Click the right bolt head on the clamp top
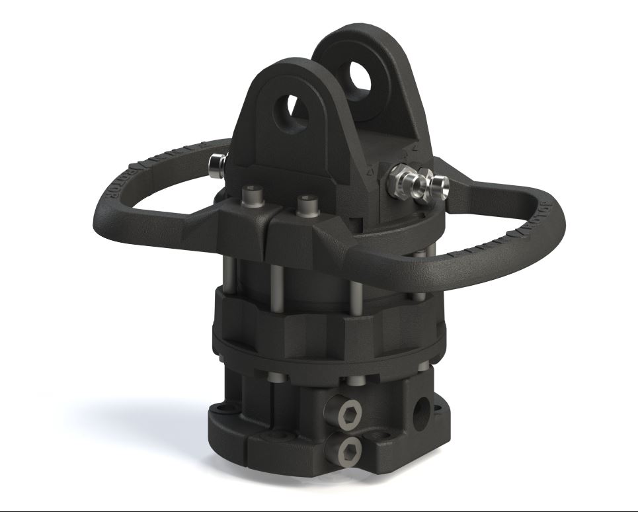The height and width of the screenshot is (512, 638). [305, 204]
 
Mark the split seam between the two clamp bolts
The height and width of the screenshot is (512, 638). [272, 232]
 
